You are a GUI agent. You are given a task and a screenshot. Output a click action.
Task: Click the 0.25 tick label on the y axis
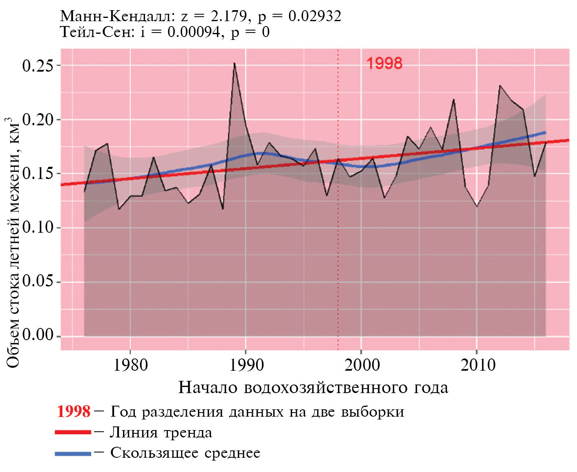[37, 65]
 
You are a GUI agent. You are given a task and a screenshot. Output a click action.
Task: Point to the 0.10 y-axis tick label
[37, 227]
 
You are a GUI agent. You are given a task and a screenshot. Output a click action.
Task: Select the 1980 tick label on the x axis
[130, 365]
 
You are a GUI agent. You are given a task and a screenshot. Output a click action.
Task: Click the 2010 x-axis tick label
[478, 365]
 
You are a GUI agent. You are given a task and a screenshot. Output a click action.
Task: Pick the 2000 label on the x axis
[362, 365]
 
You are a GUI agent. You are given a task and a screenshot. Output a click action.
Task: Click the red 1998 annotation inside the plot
[384, 63]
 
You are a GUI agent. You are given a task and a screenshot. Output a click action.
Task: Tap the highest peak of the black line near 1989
[234, 63]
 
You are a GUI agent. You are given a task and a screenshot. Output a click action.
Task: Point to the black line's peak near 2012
[500, 85]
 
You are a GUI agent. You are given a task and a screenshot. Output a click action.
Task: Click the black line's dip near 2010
[477, 206]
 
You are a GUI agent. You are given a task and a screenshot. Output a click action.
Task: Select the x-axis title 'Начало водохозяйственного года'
[313, 387]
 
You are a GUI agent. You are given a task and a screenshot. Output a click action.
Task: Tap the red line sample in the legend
[73, 432]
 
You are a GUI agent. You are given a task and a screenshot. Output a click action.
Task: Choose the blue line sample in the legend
[73, 453]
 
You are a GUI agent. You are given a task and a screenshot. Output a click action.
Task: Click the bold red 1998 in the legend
[73, 412]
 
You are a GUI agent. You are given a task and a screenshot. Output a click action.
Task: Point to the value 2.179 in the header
[228, 16]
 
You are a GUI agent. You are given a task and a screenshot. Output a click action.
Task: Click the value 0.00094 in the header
[194, 32]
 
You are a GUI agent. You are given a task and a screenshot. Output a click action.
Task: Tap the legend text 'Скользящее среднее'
[185, 453]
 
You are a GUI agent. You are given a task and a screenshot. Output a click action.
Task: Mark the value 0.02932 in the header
[315, 16]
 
